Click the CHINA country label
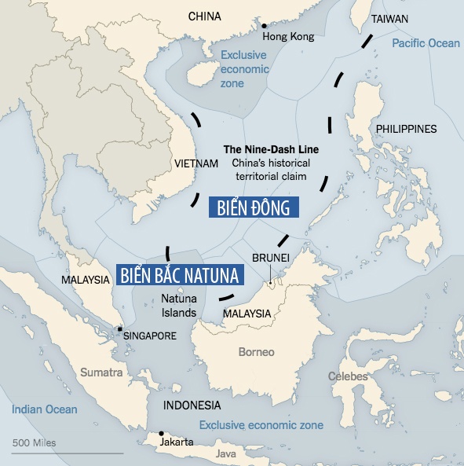pos(205,16)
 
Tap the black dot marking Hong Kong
pos(265,26)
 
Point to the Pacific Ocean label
pos(426,43)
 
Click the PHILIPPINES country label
pos(406,129)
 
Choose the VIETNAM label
pos(194,163)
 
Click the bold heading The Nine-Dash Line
pos(271,149)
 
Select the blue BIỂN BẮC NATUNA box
pos(181,274)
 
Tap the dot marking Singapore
pos(119,329)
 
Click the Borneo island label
pos(256,351)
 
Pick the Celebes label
pos(348,376)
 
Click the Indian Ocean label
pos(45,409)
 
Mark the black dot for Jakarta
pos(161,433)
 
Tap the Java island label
pos(226,453)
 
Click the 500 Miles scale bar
pos(67,453)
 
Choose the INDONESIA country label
pos(192,405)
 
